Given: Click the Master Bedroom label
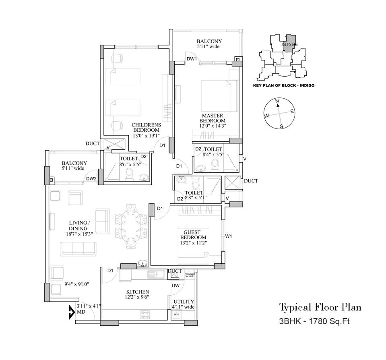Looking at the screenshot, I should click(x=213, y=118).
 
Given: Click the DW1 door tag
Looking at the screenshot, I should click(x=192, y=59).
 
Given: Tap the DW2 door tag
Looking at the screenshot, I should click(x=91, y=179).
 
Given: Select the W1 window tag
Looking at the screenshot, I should click(x=229, y=236).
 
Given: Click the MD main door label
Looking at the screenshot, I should click(x=81, y=312).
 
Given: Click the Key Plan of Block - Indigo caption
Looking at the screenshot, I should click(x=283, y=85).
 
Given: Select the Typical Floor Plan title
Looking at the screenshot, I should click(x=320, y=307).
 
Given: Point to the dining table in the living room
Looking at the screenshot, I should click(x=131, y=226).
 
